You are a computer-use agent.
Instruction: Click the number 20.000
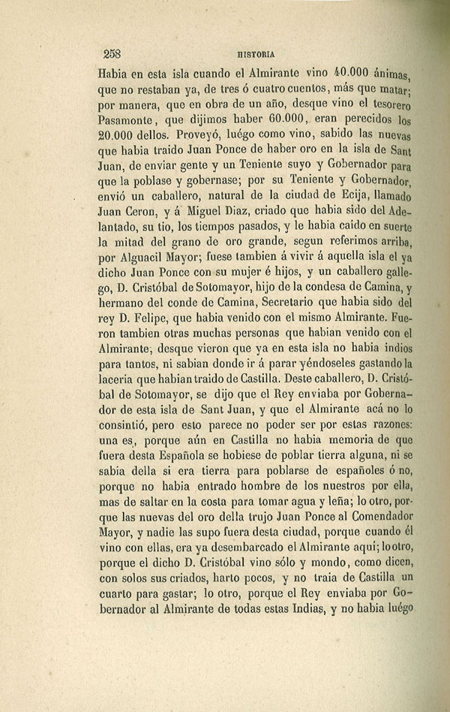pos(122,136)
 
